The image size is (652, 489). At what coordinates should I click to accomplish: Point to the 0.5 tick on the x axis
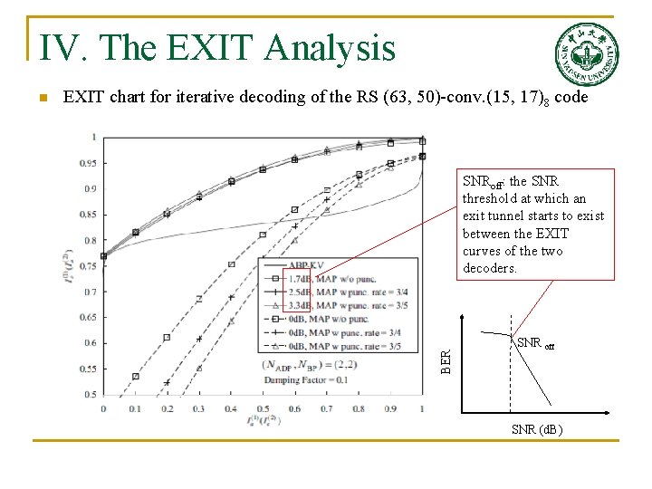tap(263, 409)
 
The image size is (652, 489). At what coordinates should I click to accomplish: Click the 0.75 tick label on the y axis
tap(90, 266)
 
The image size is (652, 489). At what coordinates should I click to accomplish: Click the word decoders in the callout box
tap(490, 268)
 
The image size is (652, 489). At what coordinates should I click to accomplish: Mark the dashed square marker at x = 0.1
tap(135, 376)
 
